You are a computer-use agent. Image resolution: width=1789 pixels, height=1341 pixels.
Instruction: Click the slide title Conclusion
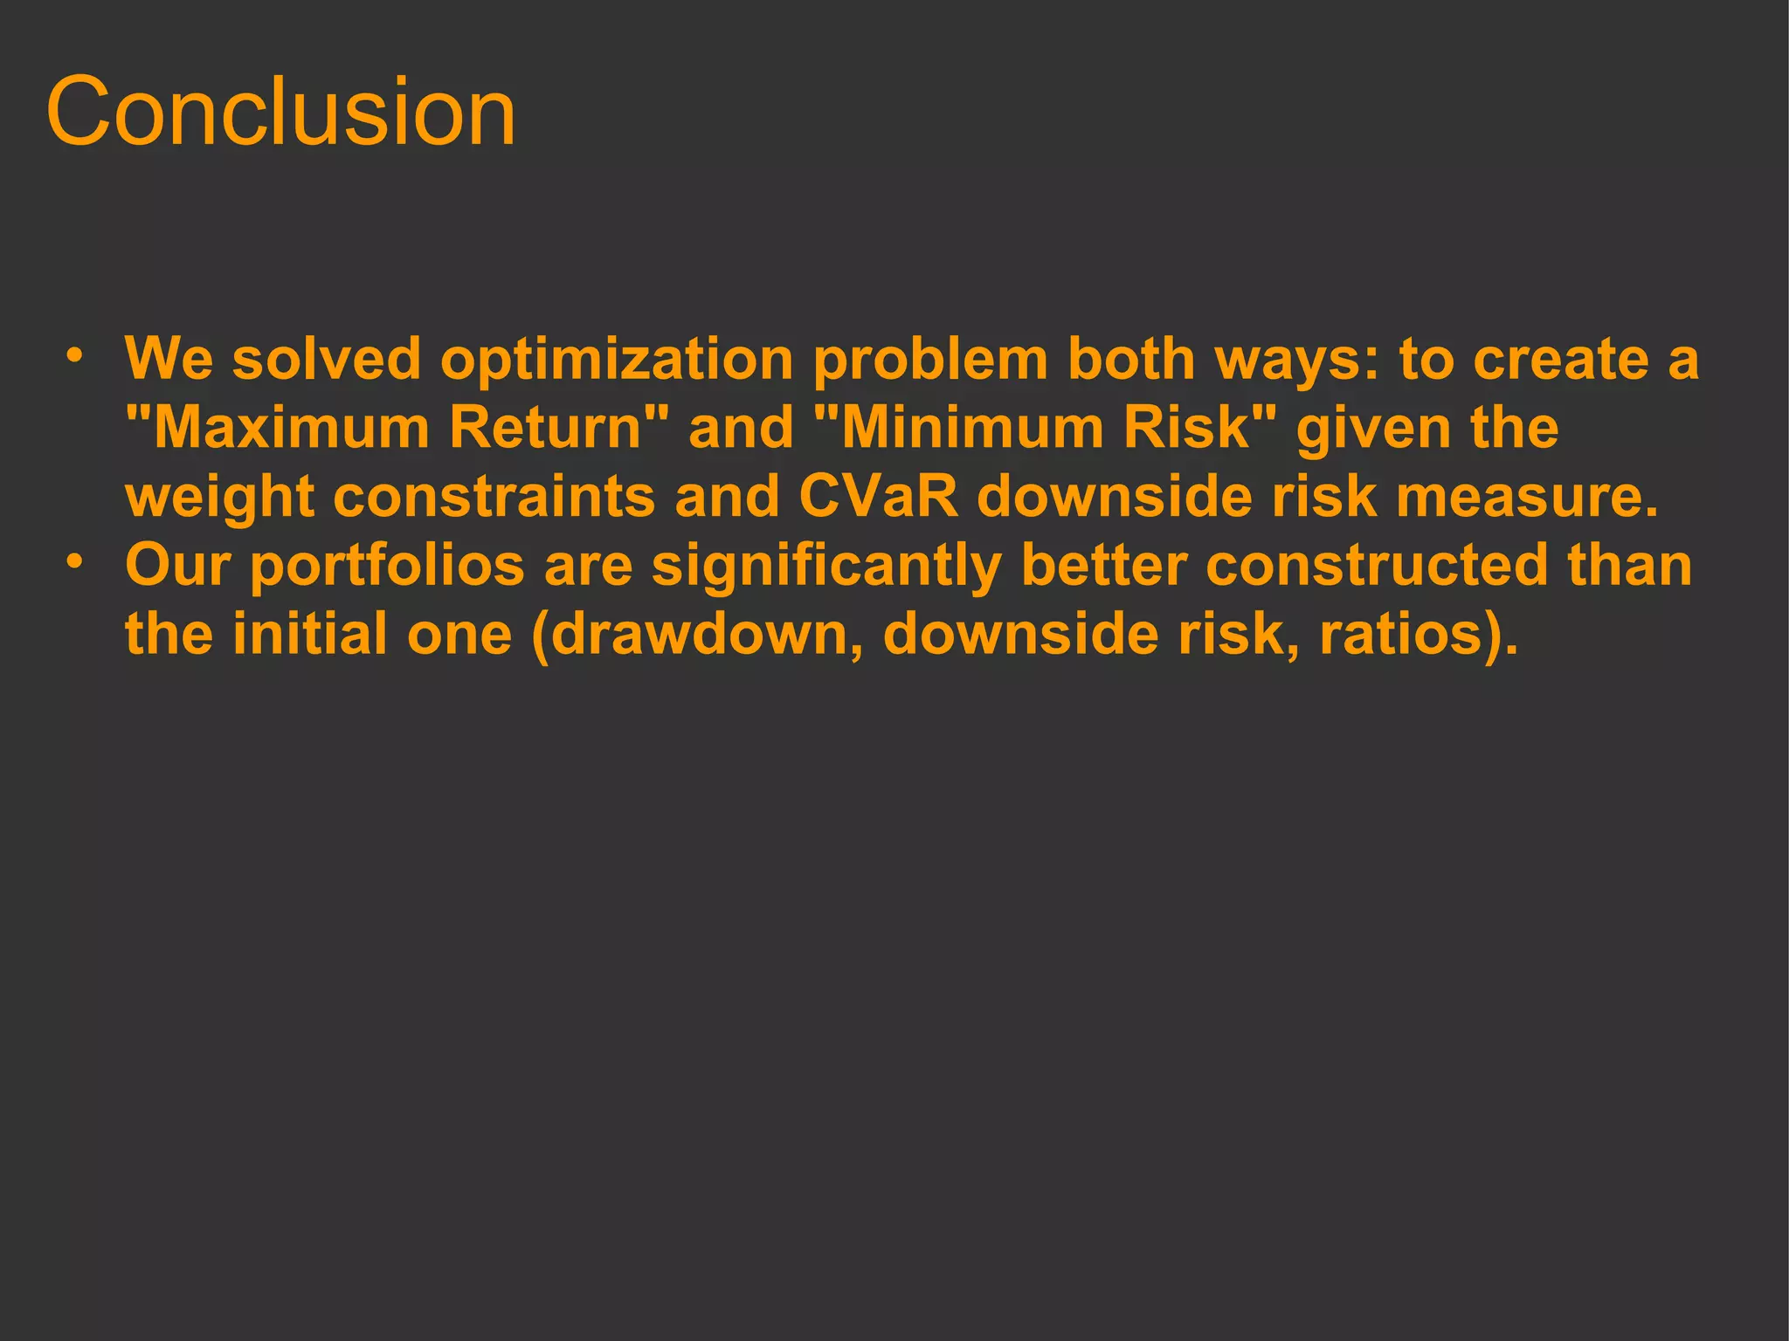coord(280,112)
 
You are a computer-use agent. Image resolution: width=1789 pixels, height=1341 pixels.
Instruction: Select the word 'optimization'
coord(617,360)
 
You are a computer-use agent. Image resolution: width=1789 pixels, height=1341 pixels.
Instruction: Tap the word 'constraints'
coord(494,496)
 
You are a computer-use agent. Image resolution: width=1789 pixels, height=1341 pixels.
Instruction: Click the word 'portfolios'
coord(387,566)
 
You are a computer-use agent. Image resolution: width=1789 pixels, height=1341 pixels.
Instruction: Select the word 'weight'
coord(219,498)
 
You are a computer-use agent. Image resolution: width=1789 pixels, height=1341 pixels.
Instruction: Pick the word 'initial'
coord(309,634)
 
